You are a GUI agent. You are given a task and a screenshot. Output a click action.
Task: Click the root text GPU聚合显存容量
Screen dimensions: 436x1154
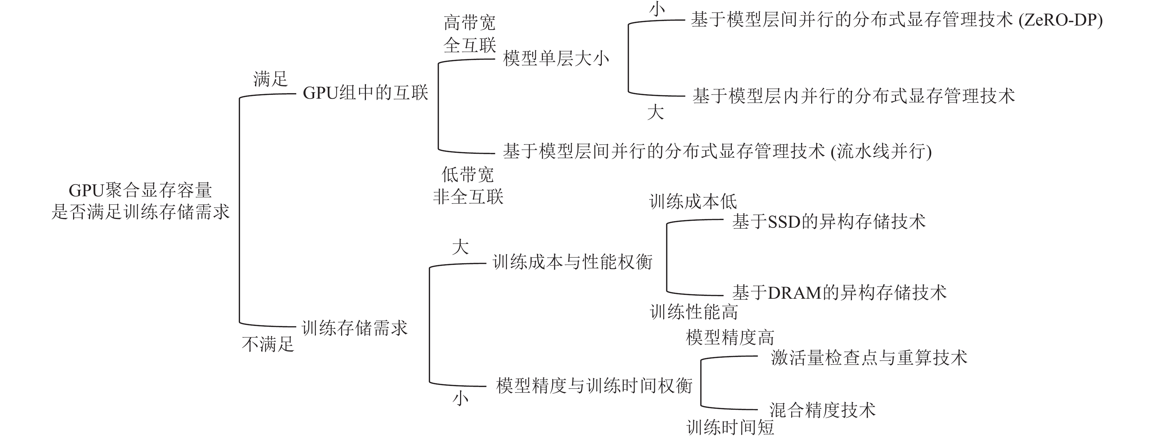140,191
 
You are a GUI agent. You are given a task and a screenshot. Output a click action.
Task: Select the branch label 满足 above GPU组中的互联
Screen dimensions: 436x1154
270,79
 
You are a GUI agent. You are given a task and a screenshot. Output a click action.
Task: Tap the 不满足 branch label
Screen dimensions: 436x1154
268,344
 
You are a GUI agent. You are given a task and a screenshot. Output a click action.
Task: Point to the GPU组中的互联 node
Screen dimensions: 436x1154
366,93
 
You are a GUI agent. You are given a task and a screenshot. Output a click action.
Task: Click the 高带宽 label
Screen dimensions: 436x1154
469,22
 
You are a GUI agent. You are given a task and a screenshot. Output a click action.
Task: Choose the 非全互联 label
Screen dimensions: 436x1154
468,197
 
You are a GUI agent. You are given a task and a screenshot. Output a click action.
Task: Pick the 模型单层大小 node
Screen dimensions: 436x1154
556,59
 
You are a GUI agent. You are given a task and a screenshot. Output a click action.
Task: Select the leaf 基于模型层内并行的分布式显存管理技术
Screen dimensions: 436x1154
853,96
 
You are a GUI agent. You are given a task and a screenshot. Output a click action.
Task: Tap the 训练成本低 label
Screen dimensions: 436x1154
693,202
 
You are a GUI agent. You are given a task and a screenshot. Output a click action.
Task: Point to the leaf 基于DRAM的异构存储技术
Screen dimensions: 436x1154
839,293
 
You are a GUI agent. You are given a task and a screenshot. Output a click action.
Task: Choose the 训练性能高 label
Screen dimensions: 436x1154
694,312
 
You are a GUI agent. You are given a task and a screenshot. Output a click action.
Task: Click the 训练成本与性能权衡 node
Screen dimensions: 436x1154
573,262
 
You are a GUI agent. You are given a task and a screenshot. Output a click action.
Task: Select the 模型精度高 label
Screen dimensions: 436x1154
730,337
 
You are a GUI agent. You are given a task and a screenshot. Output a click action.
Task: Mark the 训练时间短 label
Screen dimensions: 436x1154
730,427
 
